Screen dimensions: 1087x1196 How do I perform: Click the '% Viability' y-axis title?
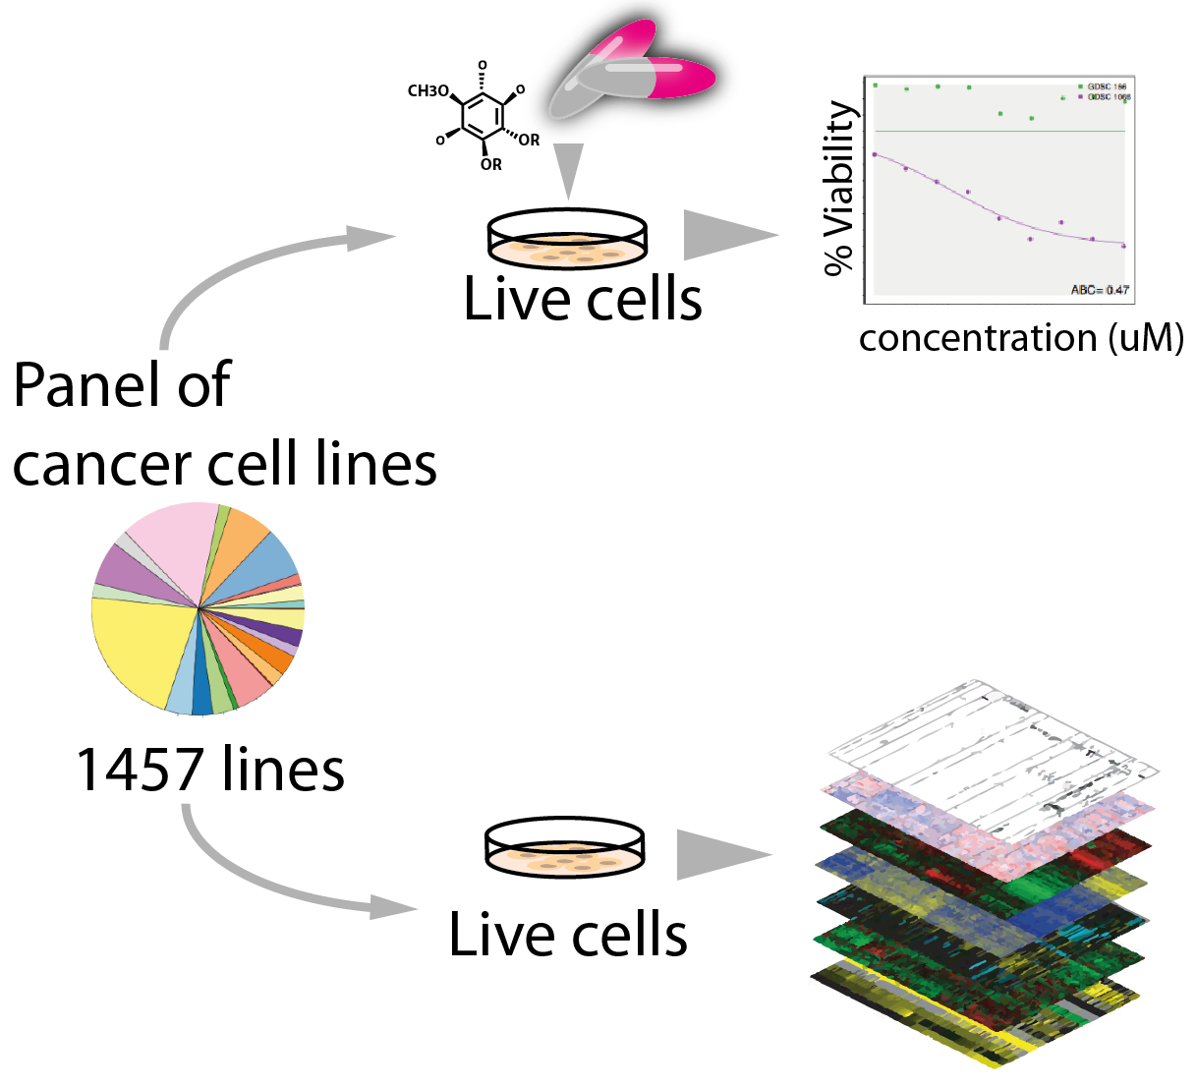[840, 188]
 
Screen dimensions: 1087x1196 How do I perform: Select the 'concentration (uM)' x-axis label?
[1020, 338]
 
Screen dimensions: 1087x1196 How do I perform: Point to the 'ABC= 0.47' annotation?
[1100, 290]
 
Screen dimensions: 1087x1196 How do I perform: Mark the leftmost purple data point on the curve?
[875, 154]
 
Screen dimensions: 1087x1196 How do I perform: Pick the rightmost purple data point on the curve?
[1123, 246]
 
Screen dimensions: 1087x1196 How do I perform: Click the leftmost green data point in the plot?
[875, 86]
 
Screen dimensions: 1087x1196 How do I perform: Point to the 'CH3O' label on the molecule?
[427, 91]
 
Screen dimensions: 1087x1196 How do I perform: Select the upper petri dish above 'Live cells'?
[567, 239]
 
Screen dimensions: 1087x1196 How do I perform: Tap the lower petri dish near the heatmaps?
[565, 847]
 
